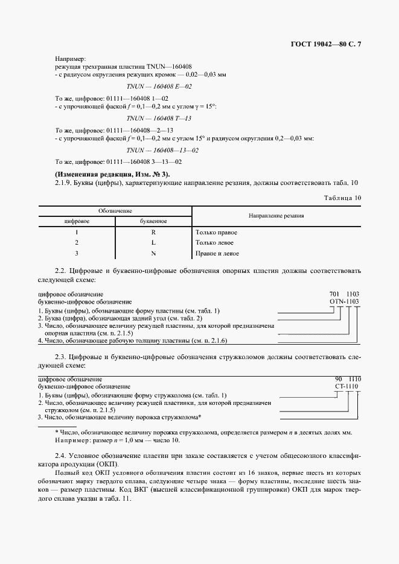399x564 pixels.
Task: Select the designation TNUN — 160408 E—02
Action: (x=159, y=86)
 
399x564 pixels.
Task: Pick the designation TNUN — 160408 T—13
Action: (x=159, y=118)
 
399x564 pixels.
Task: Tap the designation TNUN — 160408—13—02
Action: (x=162, y=150)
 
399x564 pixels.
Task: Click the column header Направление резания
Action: (x=276, y=215)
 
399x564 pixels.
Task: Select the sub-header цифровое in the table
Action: (x=77, y=221)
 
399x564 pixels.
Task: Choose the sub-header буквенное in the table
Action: (x=153, y=221)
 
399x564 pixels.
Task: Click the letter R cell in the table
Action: (x=153, y=232)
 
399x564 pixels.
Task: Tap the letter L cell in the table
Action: (x=153, y=243)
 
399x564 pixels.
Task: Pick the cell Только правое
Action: (x=216, y=232)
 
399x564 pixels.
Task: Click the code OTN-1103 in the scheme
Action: (x=344, y=300)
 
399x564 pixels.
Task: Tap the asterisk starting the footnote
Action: (x=57, y=432)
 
